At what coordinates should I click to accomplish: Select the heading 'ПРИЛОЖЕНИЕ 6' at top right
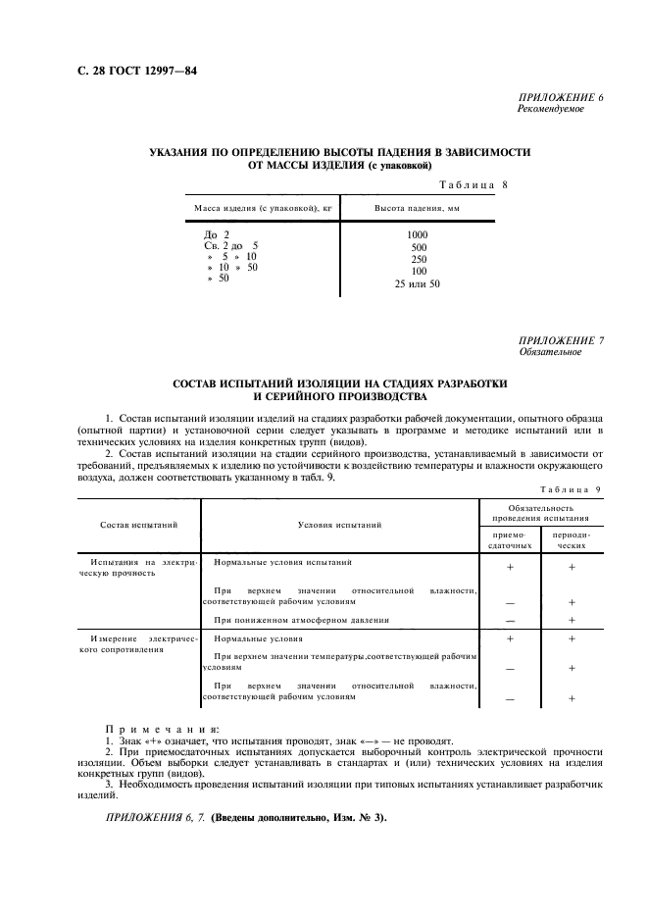point(561,99)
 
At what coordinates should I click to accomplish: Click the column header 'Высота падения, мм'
point(418,208)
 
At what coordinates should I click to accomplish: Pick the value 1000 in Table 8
point(418,234)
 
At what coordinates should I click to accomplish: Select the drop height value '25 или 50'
point(418,284)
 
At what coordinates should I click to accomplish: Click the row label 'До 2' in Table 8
point(217,234)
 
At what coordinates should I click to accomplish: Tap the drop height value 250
point(418,259)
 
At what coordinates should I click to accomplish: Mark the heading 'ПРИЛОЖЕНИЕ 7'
point(561,340)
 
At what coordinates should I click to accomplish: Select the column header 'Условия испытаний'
point(339,525)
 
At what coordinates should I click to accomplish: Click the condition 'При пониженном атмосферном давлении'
point(302,620)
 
